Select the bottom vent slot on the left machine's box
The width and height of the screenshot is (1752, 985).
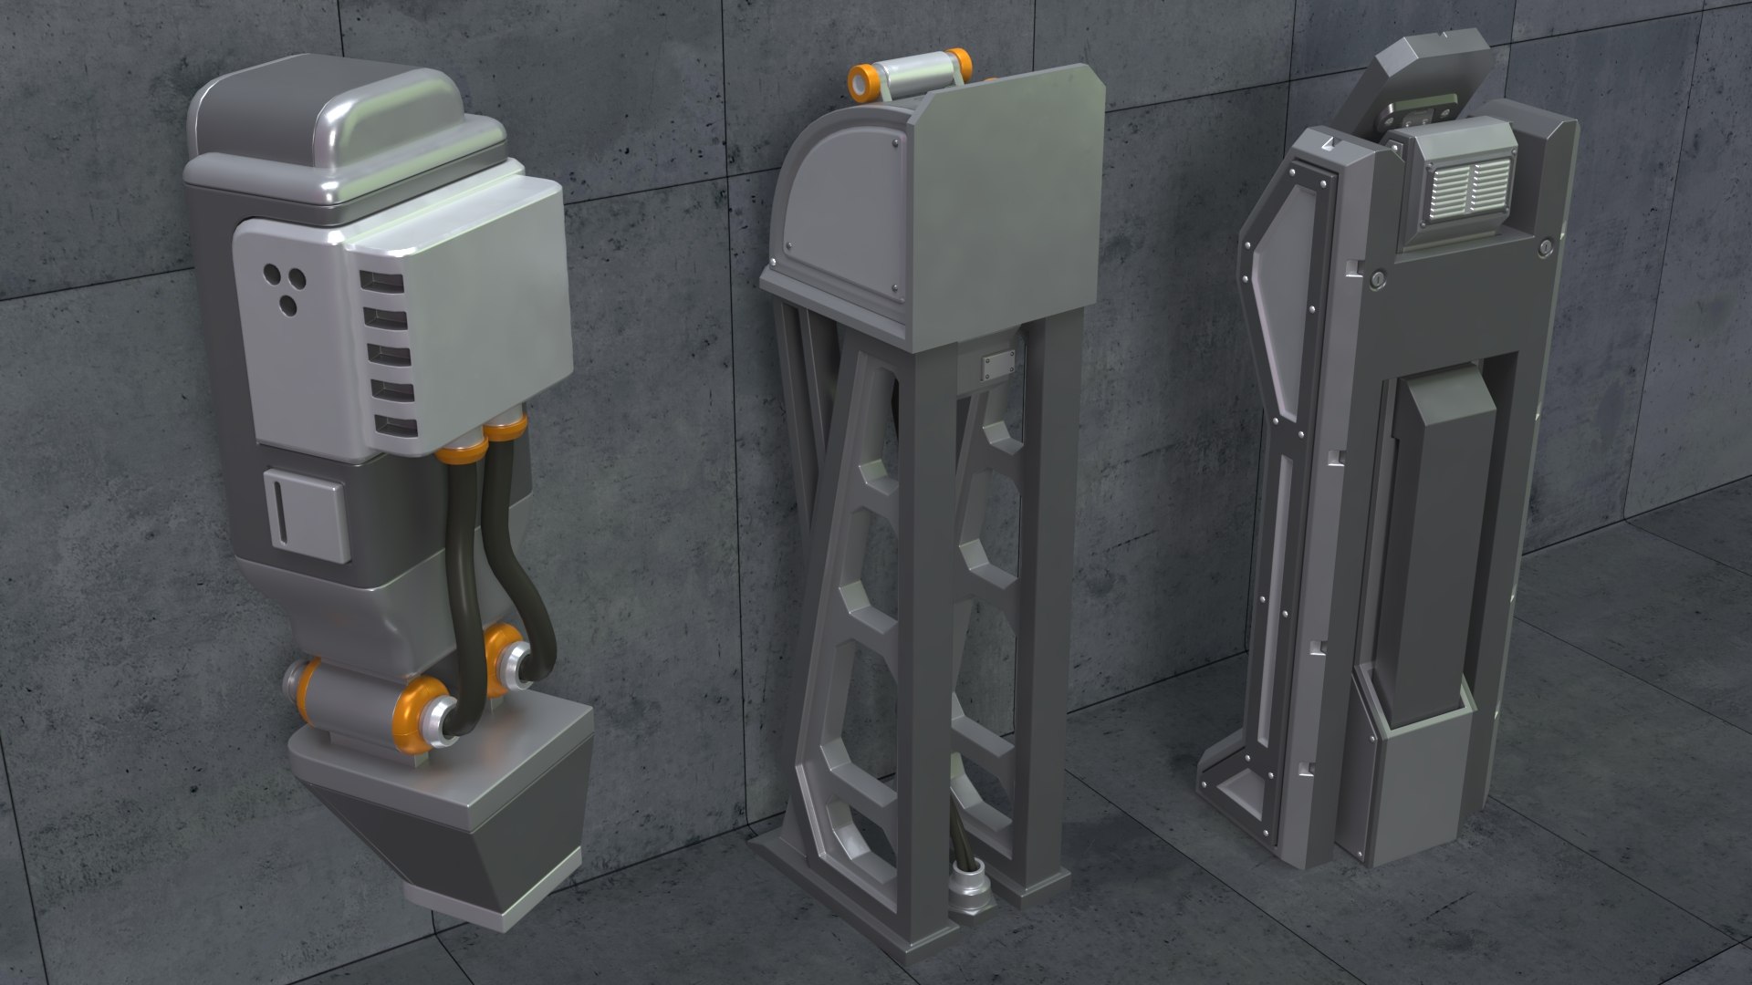pyautogui.click(x=395, y=426)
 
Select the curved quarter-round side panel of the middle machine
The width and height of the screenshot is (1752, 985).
pyautogui.click(x=827, y=201)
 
